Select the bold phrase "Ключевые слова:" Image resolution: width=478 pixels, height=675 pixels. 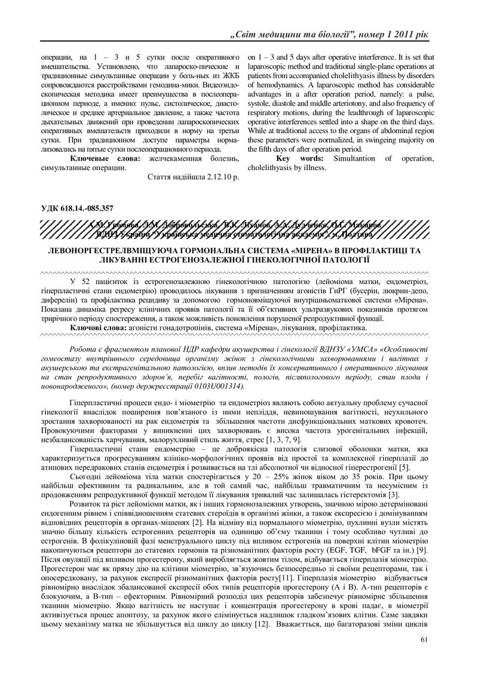click(x=105, y=158)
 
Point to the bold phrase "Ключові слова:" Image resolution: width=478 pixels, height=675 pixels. click(x=98, y=328)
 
